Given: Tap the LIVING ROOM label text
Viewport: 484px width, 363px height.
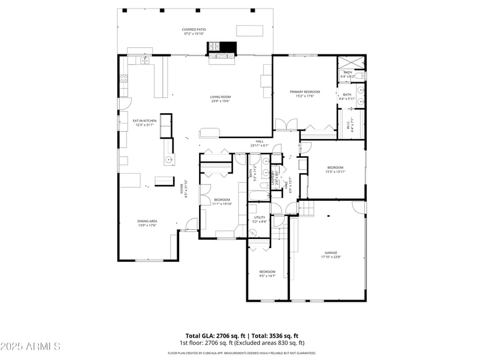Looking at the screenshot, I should click(x=221, y=97).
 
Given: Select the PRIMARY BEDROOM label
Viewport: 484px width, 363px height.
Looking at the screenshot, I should click(x=305, y=92).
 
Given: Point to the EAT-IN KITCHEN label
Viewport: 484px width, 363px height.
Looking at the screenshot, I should click(x=145, y=121).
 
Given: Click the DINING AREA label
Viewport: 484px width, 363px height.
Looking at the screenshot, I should click(x=147, y=221).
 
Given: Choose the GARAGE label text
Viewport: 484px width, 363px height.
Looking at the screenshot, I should click(x=330, y=253).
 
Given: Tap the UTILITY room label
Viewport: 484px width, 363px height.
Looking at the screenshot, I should click(x=259, y=218).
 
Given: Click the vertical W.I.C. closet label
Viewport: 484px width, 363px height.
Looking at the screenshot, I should click(x=348, y=125).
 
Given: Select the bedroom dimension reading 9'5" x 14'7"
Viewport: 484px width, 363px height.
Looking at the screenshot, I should click(x=267, y=276).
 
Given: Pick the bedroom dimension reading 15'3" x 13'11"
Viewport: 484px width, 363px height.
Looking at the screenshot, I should click(x=335, y=172).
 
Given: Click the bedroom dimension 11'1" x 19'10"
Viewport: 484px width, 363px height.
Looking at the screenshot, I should click(x=221, y=204).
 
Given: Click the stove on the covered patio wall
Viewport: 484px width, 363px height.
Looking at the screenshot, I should click(x=214, y=46).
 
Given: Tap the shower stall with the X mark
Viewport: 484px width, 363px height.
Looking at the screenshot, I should click(x=352, y=62).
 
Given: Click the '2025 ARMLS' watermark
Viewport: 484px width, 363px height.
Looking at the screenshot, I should click(x=30, y=347).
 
